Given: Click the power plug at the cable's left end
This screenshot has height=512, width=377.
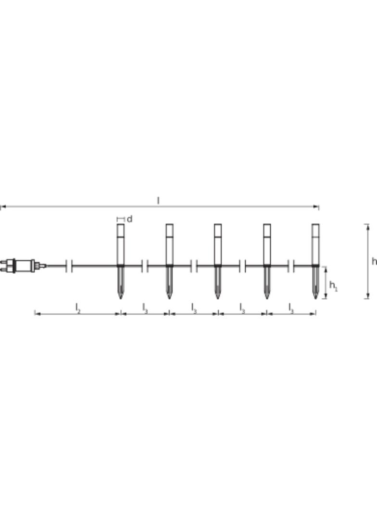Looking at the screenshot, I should pyautogui.click(x=22, y=265).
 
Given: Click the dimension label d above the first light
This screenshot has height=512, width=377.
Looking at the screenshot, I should pyautogui.click(x=129, y=219).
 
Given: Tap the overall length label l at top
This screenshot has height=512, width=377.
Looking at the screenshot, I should pyautogui.click(x=158, y=200).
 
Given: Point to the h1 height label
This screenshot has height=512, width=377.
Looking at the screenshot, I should pyautogui.click(x=333, y=286).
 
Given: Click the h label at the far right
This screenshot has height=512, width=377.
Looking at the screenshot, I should pyautogui.click(x=374, y=261).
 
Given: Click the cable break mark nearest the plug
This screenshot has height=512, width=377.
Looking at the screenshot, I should pyautogui.click(x=69, y=266).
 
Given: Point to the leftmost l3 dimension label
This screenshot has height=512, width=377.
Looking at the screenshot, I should pyautogui.click(x=145, y=308).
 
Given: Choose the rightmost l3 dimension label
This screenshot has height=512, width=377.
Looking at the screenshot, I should pyautogui.click(x=291, y=308).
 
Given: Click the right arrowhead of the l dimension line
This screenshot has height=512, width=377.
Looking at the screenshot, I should pyautogui.click(x=316, y=207).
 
